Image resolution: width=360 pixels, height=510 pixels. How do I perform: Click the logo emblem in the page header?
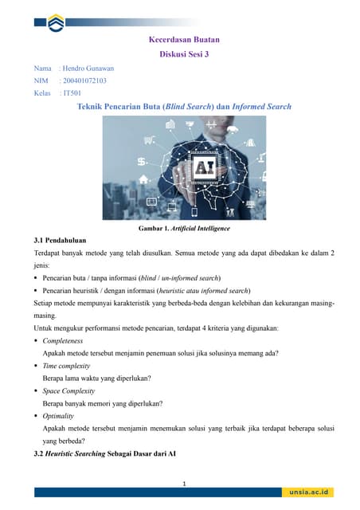[56, 24]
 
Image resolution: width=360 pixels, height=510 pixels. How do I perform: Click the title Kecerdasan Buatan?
[184, 39]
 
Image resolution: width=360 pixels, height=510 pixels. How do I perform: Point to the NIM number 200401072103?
[84, 80]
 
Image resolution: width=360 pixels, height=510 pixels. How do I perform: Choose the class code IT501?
[72, 93]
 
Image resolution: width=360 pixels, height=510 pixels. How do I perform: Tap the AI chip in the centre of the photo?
[203, 168]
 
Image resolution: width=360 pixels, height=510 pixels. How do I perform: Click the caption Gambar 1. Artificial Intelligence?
[184, 229]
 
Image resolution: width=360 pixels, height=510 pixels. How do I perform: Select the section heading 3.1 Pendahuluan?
[60, 240]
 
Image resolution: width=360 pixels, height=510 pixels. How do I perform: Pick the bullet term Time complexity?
[66, 366]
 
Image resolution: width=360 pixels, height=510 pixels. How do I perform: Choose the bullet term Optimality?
[58, 416]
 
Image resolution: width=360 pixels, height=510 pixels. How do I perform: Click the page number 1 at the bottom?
[184, 484]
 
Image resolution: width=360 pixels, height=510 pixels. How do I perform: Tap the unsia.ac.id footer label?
[311, 492]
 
